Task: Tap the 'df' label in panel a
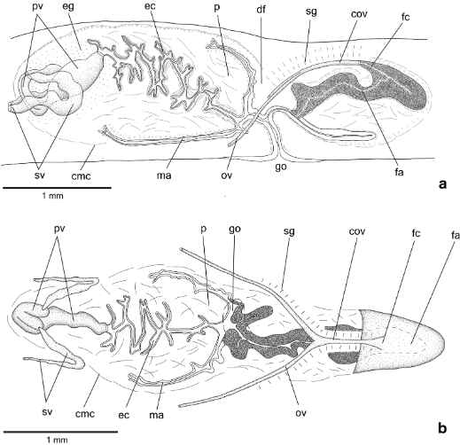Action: [261, 10]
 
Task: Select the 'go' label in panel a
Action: [280, 168]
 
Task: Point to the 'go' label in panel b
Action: [235, 230]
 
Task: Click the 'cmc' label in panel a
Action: [81, 176]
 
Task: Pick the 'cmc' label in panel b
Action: [85, 414]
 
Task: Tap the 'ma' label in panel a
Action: [164, 176]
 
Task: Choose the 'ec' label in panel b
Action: [124, 415]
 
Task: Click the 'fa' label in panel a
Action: [399, 172]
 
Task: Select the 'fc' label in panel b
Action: [416, 233]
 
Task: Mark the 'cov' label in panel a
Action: [358, 13]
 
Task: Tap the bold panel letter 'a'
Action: [442, 184]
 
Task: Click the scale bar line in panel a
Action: [57, 187]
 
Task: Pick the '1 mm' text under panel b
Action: [57, 441]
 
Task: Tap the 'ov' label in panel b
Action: [301, 412]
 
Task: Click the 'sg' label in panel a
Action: [311, 12]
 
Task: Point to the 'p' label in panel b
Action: [203, 230]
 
